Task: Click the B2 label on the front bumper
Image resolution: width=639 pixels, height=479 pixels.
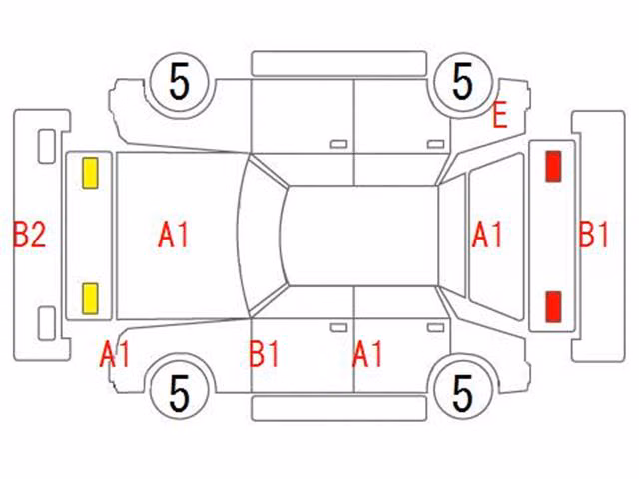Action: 29,235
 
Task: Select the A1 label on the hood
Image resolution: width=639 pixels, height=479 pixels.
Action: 173,235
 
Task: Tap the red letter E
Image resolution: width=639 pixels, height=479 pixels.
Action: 500,115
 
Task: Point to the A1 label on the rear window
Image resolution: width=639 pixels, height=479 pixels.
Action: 487,235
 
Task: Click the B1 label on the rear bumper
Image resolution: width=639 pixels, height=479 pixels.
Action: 593,235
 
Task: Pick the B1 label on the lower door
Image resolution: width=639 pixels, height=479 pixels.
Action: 264,354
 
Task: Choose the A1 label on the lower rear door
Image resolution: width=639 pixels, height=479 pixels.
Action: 367,354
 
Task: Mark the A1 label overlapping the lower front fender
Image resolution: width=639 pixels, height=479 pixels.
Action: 115,354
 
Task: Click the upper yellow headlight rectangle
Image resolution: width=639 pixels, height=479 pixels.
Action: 90,173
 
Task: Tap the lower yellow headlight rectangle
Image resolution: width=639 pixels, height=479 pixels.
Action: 90,299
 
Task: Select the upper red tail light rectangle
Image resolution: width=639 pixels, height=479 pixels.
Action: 553,166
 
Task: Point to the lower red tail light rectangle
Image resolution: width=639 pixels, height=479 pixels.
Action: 553,307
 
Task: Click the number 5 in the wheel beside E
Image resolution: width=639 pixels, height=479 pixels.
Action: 462,82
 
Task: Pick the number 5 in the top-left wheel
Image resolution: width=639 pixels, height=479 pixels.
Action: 180,82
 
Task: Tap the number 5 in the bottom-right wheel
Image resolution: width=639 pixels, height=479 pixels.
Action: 462,393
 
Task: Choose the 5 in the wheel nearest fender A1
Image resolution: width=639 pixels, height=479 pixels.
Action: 180,393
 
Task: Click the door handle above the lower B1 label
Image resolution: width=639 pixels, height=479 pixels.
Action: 339,328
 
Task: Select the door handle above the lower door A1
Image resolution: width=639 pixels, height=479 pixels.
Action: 436,328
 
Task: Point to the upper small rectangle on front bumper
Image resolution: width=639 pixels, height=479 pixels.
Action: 47,146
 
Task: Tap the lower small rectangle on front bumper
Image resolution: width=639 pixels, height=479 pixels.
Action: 47,323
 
